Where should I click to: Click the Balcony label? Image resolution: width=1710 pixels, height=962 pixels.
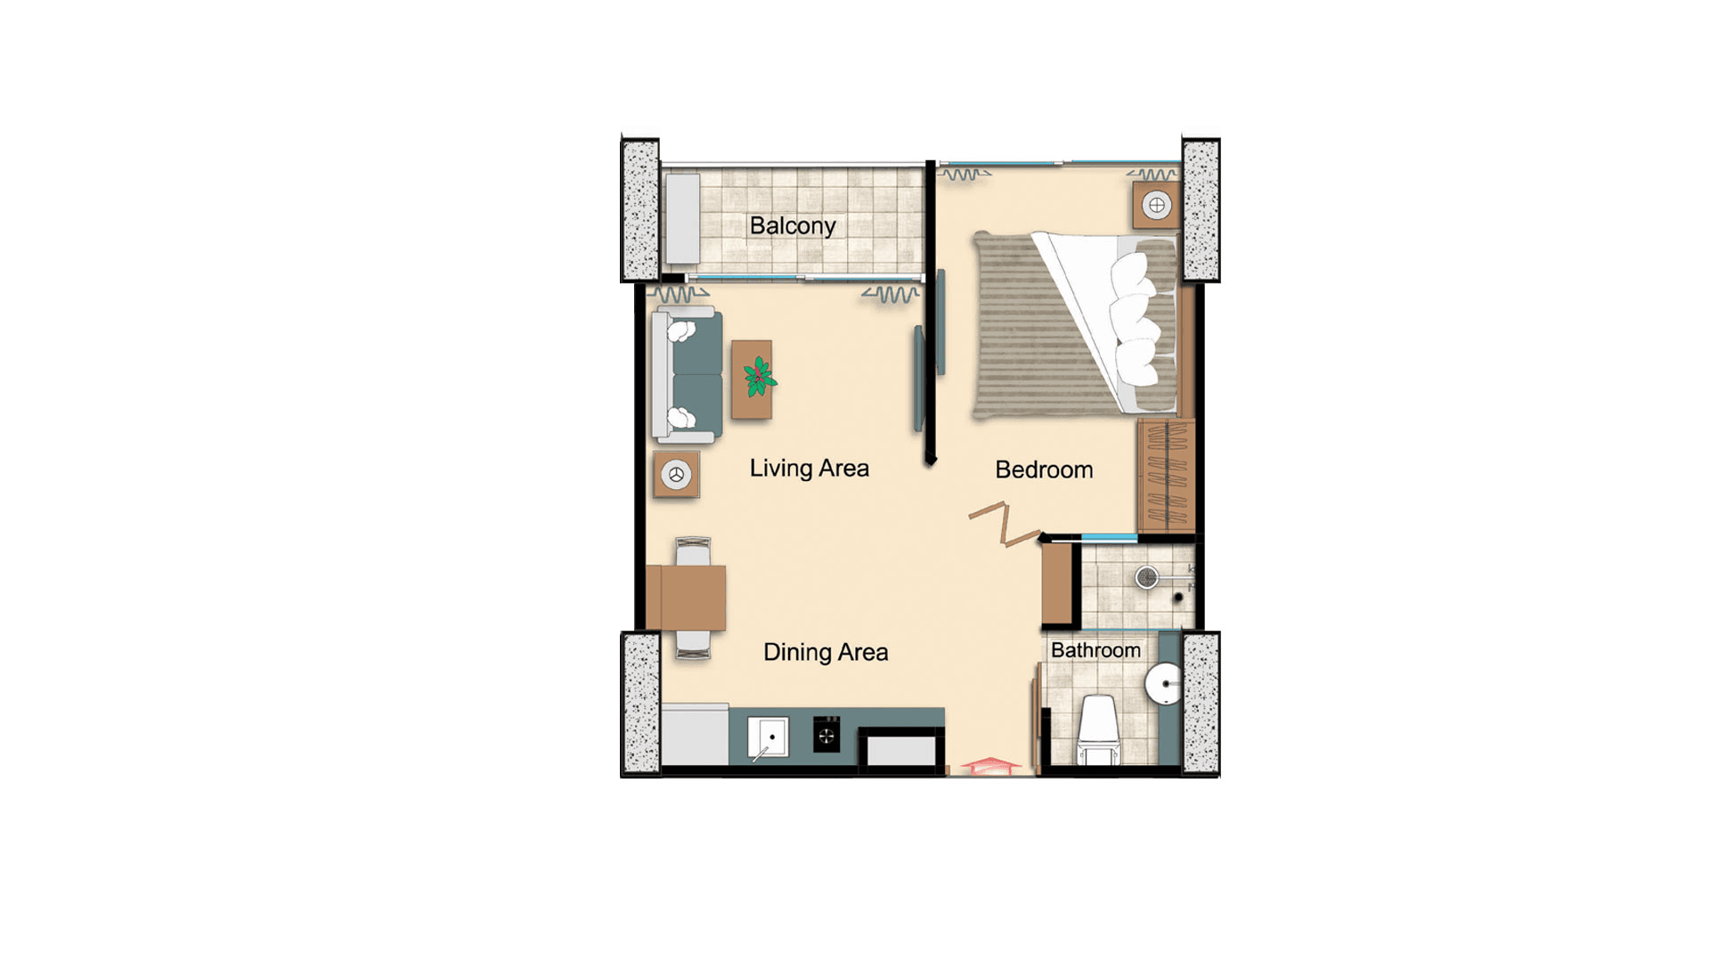(x=792, y=226)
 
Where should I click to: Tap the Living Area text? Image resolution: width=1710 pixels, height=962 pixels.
(x=809, y=469)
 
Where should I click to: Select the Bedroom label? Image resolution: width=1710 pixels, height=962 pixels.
(x=1044, y=469)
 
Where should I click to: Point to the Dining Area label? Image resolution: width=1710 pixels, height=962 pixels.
(x=826, y=652)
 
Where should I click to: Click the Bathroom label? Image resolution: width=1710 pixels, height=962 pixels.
(x=1095, y=650)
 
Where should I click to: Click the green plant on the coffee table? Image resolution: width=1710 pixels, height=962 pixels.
(x=759, y=377)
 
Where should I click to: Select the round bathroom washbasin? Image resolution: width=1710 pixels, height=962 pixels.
(x=1163, y=684)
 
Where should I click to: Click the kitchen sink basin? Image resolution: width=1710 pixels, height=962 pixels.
(x=768, y=737)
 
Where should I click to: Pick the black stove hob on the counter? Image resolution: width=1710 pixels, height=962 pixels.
(x=826, y=735)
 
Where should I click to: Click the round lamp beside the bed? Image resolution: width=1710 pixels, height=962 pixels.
(x=1157, y=206)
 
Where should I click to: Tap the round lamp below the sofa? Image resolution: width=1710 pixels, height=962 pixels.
(x=676, y=475)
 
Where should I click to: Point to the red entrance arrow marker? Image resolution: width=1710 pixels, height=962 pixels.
(x=989, y=765)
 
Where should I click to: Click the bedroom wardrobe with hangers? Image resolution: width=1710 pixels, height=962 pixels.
(x=1166, y=476)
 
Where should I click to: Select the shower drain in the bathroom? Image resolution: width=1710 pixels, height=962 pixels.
(x=1147, y=578)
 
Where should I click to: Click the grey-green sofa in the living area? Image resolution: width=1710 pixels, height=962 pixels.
(x=687, y=375)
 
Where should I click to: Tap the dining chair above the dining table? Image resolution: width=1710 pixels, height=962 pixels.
(x=693, y=551)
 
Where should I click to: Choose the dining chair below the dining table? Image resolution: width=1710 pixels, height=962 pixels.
(x=693, y=644)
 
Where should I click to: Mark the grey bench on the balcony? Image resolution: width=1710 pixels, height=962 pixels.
(x=683, y=219)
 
